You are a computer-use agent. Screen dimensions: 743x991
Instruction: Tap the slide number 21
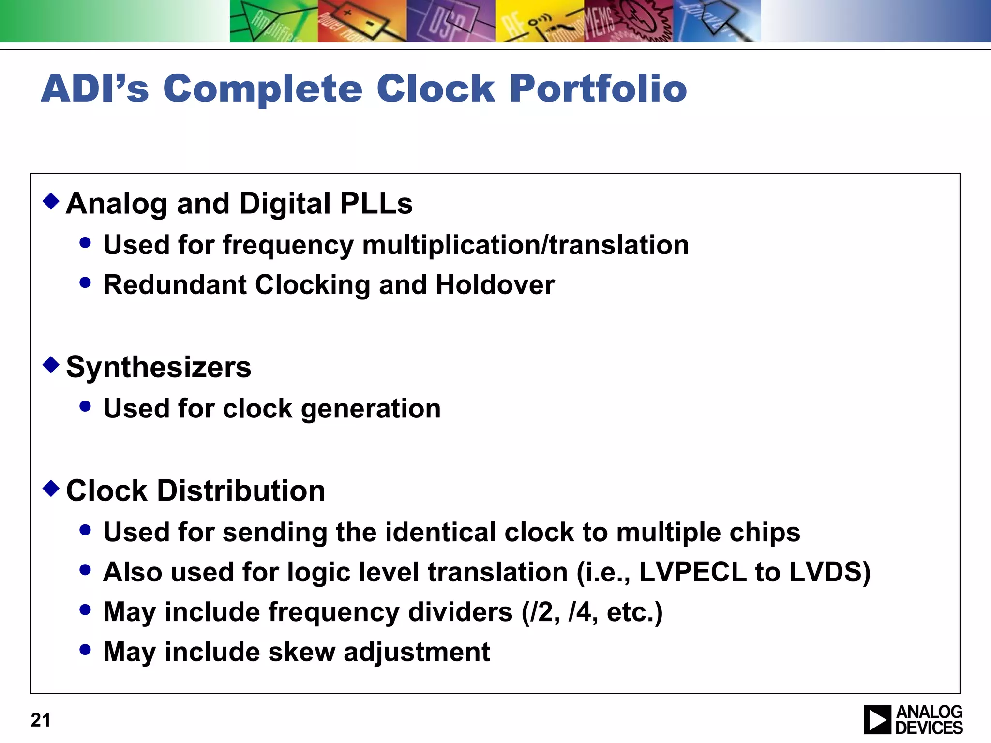(x=40, y=720)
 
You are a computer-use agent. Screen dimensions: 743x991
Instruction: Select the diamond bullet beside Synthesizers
(x=51, y=364)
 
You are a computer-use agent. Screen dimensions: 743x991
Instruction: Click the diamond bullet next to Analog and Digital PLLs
(x=51, y=200)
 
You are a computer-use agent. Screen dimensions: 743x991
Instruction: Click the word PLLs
(x=376, y=203)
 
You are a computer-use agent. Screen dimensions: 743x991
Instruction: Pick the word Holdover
(x=495, y=284)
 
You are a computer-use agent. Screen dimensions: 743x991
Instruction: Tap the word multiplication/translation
(x=526, y=245)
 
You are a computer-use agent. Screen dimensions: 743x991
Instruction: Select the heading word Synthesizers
(x=159, y=367)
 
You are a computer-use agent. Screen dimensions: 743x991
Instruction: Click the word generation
(x=371, y=409)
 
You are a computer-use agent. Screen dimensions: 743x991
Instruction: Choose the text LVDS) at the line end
(x=830, y=572)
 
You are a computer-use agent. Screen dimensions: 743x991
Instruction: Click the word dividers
(x=460, y=612)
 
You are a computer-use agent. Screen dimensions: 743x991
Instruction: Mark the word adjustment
(x=417, y=652)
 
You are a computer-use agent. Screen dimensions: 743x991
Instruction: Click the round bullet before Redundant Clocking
(x=85, y=282)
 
